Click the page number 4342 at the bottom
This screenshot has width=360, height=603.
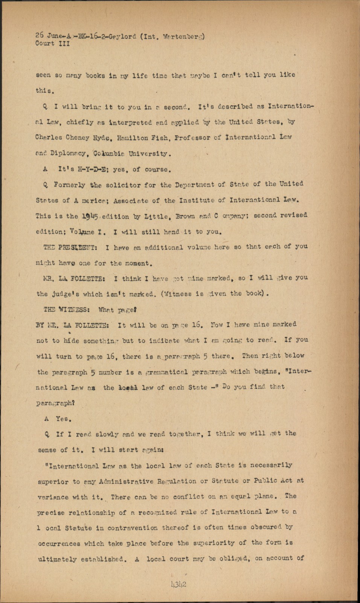178,585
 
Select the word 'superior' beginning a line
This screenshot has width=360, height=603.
53,482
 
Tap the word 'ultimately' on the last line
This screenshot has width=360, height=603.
57,560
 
